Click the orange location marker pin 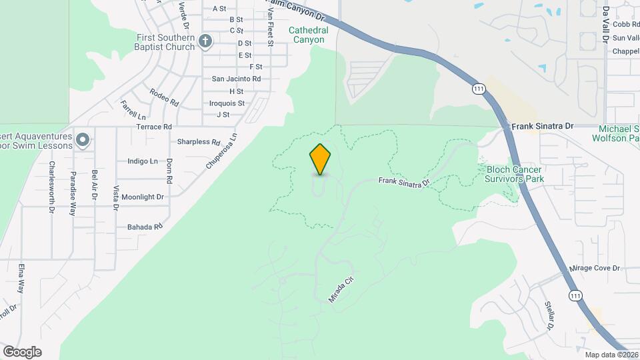pyautogui.click(x=320, y=159)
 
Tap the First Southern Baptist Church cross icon pyautogui.click(x=205, y=41)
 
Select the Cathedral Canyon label pyautogui.click(x=307, y=35)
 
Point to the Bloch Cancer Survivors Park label pyautogui.click(x=515, y=174)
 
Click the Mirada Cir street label pyautogui.click(x=340, y=290)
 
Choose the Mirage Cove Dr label pyautogui.click(x=595, y=268)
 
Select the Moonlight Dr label pyautogui.click(x=142, y=197)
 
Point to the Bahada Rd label pyautogui.click(x=145, y=227)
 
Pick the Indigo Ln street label pyautogui.click(x=142, y=161)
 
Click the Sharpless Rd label pyautogui.click(x=199, y=142)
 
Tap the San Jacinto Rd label pyautogui.click(x=236, y=79)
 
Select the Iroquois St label pyautogui.click(x=227, y=103)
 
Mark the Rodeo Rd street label pyautogui.click(x=164, y=97)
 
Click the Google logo pyautogui.click(x=22, y=351)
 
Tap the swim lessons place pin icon pyautogui.click(x=83, y=140)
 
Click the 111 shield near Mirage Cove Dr pyautogui.click(x=575, y=295)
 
